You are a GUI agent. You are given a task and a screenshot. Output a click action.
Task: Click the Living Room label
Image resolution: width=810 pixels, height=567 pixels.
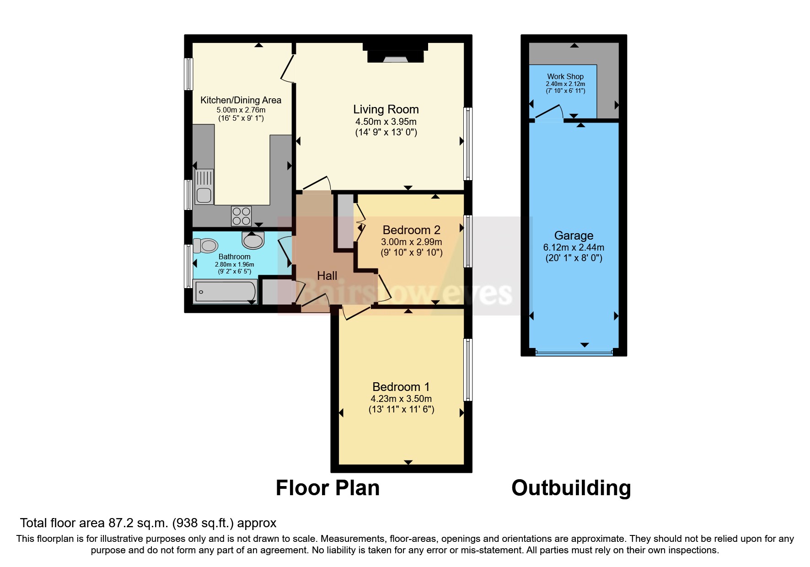coord(386,109)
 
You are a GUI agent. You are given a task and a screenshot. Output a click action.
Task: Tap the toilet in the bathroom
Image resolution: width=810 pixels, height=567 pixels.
coord(205,246)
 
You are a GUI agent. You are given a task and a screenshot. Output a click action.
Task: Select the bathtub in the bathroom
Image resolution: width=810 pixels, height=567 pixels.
coord(225,292)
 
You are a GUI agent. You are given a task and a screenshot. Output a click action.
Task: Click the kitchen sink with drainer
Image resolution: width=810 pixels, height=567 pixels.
coord(204,186)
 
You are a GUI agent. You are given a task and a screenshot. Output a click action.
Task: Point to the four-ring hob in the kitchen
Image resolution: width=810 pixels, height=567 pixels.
coord(241,216)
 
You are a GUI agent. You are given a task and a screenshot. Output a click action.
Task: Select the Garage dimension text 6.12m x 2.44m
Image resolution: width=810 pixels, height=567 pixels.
coord(574,247)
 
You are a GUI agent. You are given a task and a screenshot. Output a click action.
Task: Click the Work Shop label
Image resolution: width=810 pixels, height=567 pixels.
coord(565,76)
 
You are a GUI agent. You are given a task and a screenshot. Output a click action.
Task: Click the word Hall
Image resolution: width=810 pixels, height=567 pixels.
coord(327,276)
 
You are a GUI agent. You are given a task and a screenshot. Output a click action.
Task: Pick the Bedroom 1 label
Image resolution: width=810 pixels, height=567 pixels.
coord(401,387)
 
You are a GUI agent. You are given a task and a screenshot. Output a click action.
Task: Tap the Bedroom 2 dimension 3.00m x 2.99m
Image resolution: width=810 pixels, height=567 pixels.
coord(411,242)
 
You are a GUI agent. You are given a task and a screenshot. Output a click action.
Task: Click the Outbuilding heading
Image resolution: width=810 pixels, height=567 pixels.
coord(571,488)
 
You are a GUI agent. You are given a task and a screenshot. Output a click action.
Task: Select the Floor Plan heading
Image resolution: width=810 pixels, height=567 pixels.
coord(327,488)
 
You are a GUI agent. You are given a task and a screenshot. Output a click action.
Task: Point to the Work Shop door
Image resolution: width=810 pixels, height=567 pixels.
coord(548,113)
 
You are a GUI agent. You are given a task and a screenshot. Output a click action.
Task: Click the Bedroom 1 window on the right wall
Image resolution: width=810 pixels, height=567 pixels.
coord(467,369)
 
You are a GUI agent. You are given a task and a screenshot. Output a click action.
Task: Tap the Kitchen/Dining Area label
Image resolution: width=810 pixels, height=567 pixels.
coord(241,100)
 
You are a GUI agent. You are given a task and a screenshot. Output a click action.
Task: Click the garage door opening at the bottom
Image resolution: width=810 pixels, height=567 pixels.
coord(574,353)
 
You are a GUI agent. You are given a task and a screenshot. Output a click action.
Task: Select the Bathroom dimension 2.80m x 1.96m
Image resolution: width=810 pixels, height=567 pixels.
coord(234,264)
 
